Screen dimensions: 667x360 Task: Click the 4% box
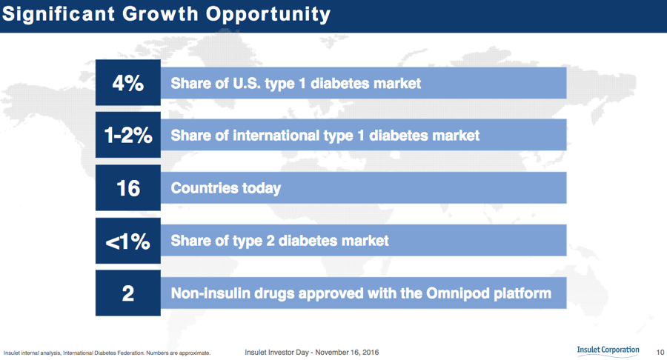click(128, 82)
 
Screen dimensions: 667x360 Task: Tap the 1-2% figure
click(128, 136)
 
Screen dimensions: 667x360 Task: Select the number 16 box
click(128, 188)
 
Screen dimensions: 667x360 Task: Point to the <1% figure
click(127, 241)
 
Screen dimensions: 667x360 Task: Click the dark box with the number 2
click(128, 293)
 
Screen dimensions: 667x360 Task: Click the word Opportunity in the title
click(268, 15)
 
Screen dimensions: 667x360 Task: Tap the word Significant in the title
click(59, 14)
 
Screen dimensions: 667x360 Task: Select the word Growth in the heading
click(160, 13)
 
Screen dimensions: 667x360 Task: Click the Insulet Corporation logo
click(608, 350)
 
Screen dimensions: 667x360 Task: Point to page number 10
click(660, 352)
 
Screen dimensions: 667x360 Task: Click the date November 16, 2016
click(347, 353)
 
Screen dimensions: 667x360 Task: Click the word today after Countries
click(261, 189)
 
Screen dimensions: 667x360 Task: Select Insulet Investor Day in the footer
click(276, 353)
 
